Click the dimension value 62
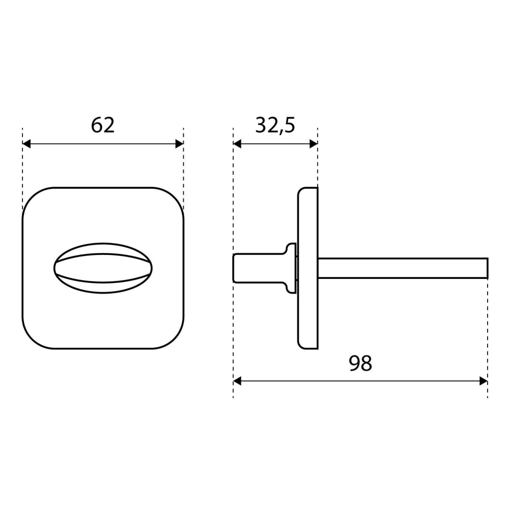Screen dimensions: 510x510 click(103, 125)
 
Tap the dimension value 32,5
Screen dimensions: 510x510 click(275, 125)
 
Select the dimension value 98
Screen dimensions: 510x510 click(361, 363)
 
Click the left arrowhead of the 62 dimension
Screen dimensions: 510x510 click(27, 143)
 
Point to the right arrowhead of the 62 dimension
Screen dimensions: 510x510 click(180, 143)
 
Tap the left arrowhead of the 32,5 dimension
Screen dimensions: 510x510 click(237, 143)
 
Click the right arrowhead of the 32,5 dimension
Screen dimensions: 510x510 click(314, 143)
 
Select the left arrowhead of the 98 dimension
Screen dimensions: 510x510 click(237, 381)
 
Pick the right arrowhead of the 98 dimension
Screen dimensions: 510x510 click(483, 381)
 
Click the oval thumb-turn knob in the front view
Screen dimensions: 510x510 click(103, 268)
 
